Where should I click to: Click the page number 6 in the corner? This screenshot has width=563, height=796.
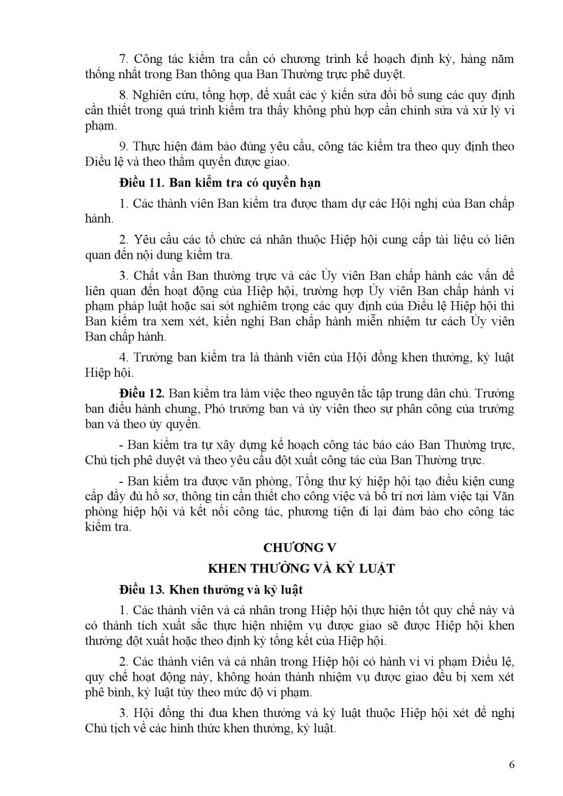(x=512, y=763)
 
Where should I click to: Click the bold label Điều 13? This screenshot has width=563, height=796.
(x=138, y=589)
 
